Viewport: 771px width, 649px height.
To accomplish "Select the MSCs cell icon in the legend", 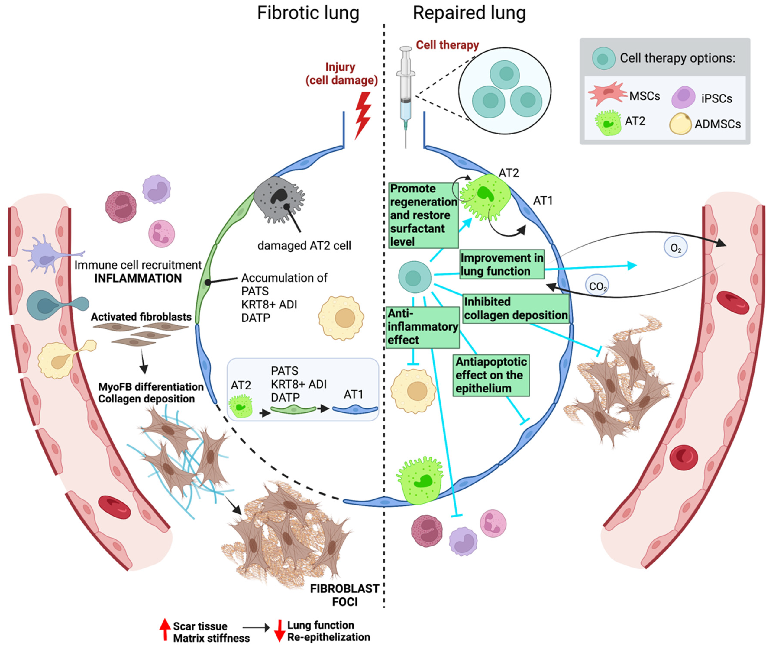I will click(x=607, y=94).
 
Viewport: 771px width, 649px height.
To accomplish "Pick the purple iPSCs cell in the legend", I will click(x=683, y=97).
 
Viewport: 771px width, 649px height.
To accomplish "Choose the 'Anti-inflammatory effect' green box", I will click(x=422, y=327).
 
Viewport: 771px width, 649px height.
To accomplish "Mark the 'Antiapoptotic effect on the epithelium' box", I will click(x=491, y=375).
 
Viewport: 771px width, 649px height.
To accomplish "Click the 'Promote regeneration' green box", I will click(x=423, y=215).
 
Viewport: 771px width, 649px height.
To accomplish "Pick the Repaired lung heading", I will click(x=469, y=13).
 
